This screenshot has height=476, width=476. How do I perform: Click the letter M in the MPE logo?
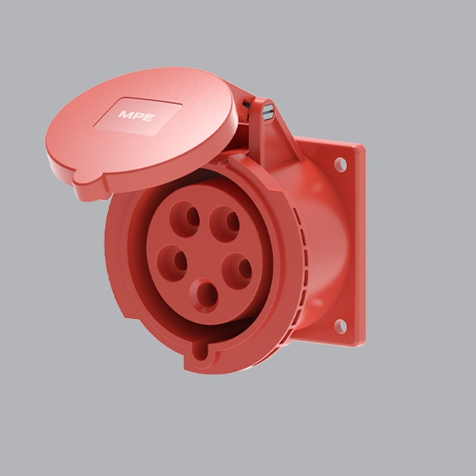[x=125, y=114]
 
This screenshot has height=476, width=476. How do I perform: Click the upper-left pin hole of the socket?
[x=185, y=219]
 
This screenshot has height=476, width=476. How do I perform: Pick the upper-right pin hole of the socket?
[x=225, y=224]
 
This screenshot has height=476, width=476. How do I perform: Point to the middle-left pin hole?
[x=172, y=263]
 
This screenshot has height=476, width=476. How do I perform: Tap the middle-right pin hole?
[x=237, y=271]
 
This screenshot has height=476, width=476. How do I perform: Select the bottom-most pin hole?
[x=205, y=296]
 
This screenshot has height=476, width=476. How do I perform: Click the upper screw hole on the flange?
[x=340, y=164]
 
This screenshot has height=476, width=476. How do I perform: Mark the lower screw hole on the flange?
[x=340, y=326]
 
